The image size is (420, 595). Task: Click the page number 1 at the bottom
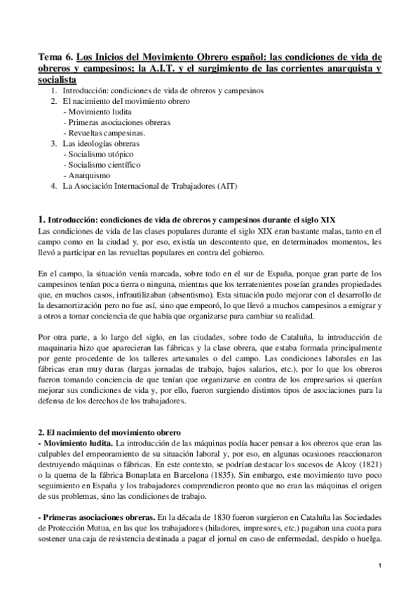[x=379, y=566]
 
